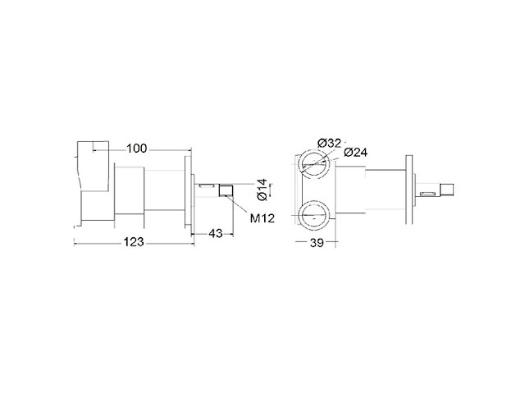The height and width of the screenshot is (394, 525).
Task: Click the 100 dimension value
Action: point(137,148)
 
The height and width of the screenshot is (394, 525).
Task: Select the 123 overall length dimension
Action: point(134,241)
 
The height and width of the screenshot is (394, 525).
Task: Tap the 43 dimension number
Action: point(215,233)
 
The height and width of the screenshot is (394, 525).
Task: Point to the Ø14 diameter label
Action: point(262,190)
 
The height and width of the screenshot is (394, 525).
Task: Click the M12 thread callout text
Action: point(262,218)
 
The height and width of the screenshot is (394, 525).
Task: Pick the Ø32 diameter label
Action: point(329,144)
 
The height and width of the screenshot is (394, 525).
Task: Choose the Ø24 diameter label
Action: point(355,153)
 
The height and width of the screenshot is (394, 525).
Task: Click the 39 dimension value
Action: point(317,243)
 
